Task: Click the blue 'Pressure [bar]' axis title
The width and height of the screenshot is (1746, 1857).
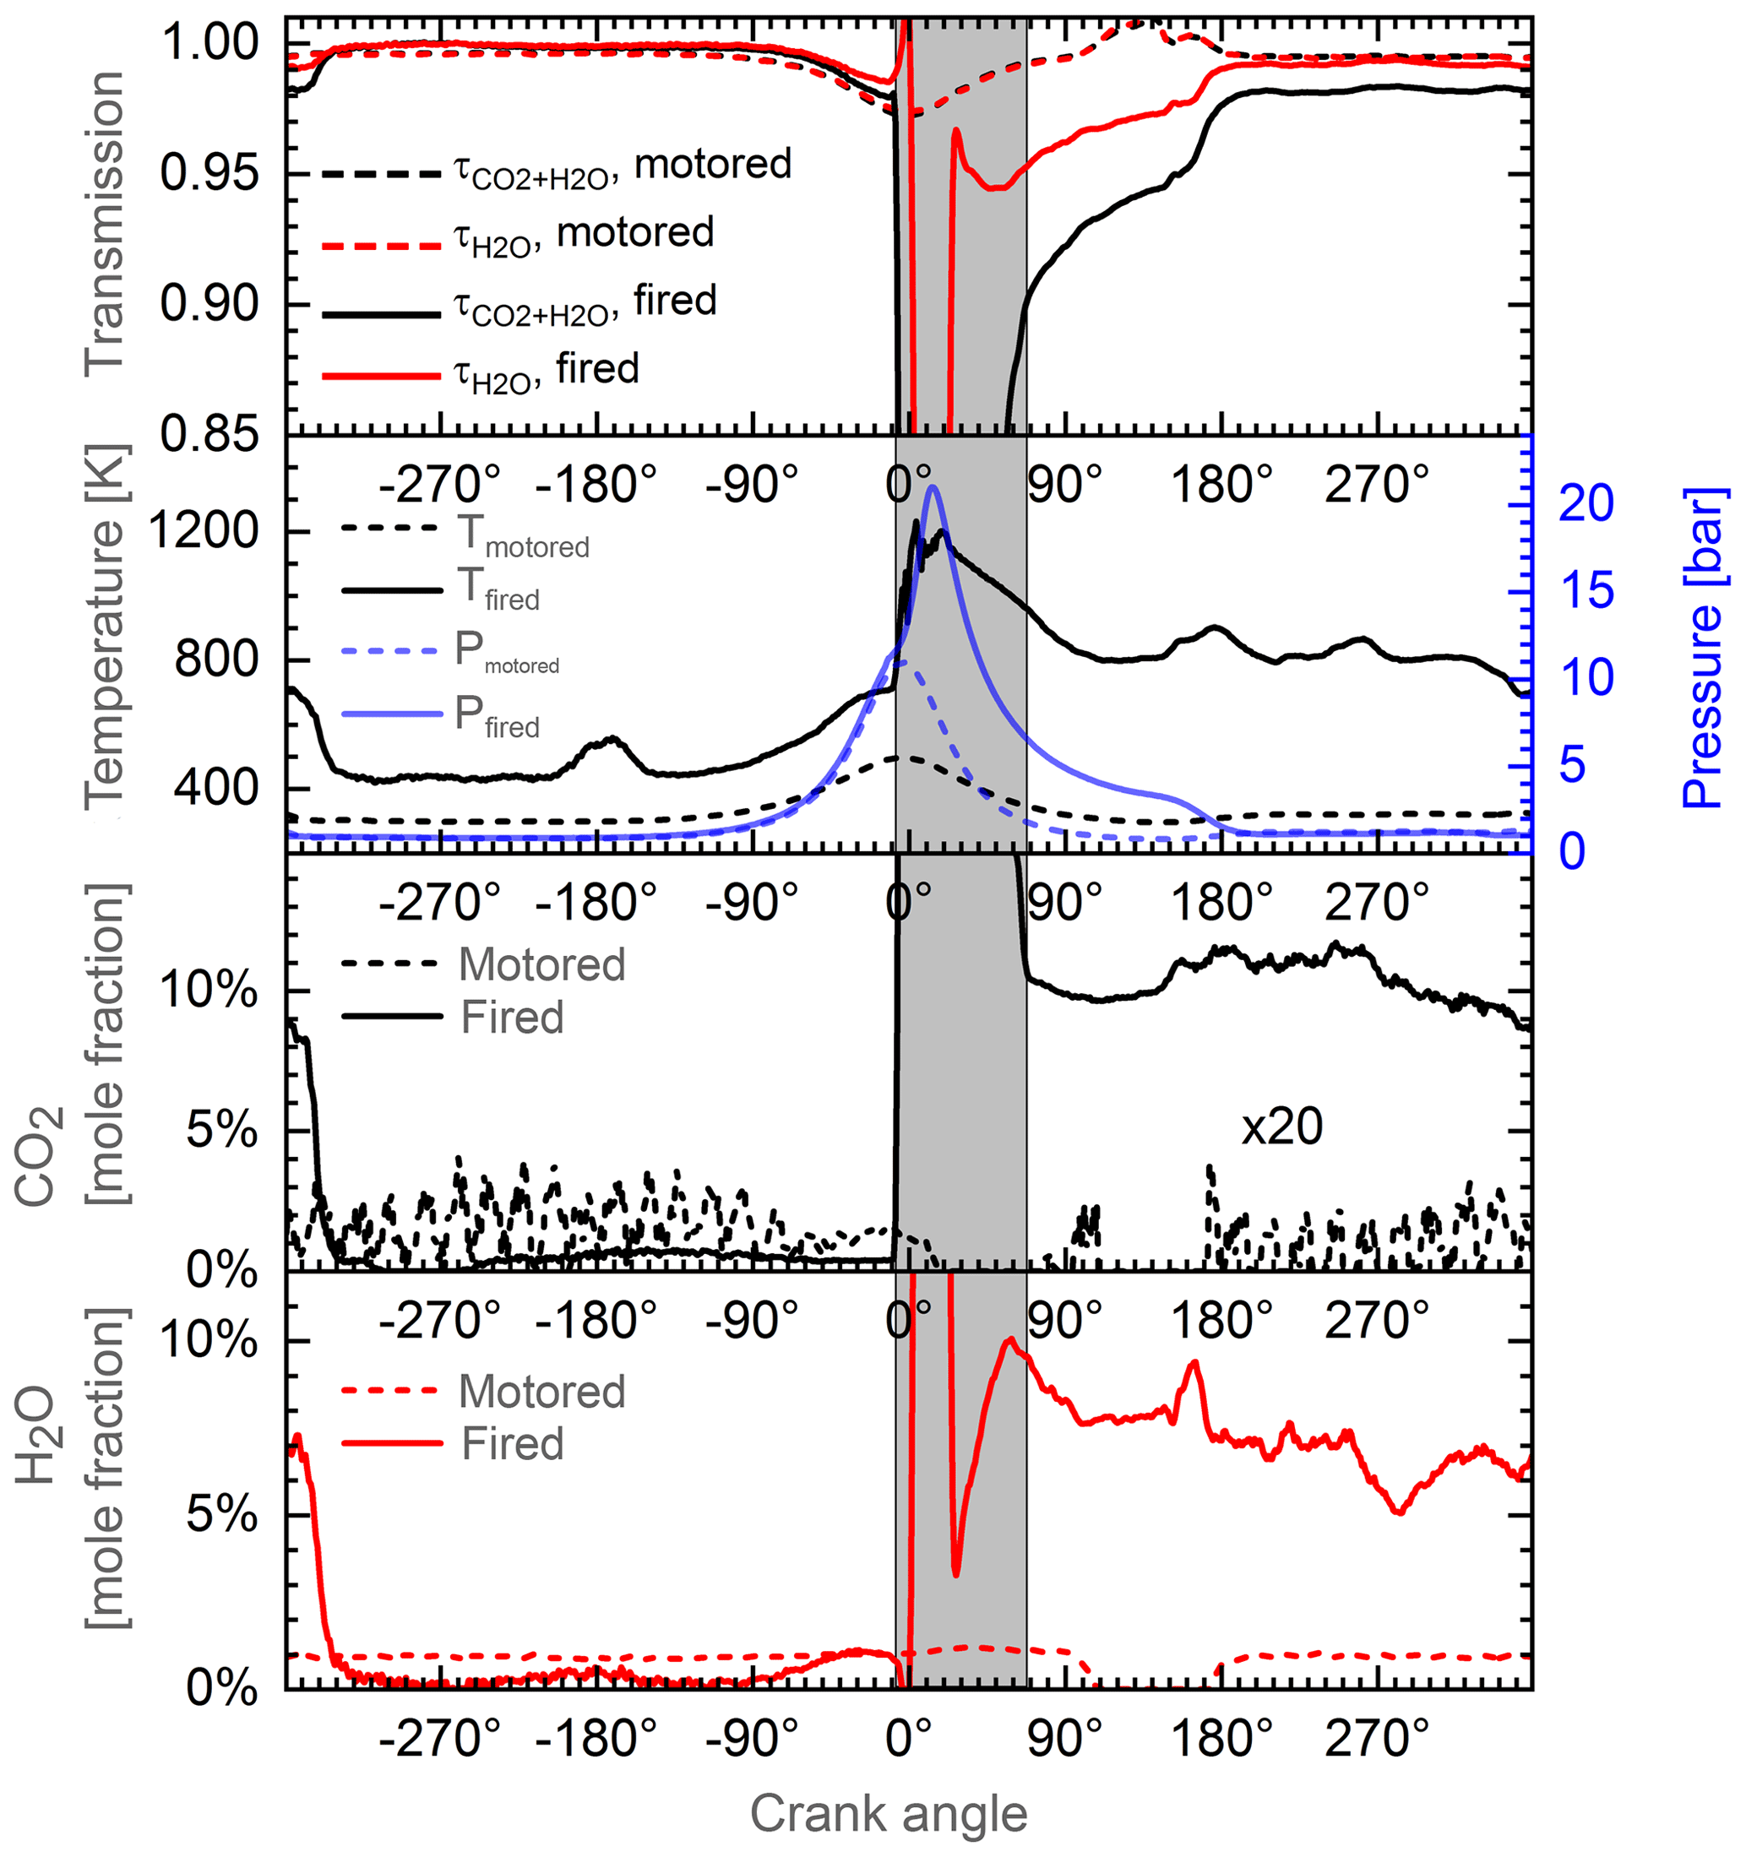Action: tap(1702, 648)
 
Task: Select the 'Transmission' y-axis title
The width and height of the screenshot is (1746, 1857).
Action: tap(104, 224)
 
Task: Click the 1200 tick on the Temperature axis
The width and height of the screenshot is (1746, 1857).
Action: tap(203, 531)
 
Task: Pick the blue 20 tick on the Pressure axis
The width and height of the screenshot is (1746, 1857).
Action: tap(1586, 503)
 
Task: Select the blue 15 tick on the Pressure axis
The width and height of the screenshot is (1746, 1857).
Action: tap(1586, 590)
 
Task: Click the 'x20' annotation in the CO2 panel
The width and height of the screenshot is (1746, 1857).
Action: tap(1281, 1127)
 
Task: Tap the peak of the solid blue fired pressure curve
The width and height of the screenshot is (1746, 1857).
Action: tap(932, 486)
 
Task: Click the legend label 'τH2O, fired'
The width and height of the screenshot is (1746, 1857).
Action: tap(547, 371)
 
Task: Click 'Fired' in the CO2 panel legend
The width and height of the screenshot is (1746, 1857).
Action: tap(512, 1018)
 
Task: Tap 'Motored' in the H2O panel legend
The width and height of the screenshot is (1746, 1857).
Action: tap(541, 1392)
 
